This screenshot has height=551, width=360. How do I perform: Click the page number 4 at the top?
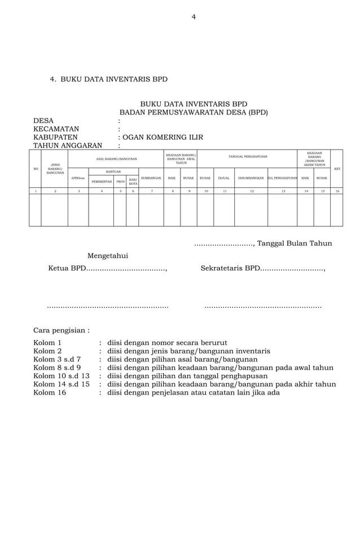pos(194,17)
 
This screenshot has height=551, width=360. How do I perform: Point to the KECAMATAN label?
pos(56,129)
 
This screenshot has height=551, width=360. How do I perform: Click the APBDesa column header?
pos(78,178)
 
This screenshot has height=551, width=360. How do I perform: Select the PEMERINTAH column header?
pos(101,182)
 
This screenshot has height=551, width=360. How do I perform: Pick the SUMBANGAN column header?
pos(151,178)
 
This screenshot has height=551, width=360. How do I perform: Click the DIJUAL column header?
pos(223,178)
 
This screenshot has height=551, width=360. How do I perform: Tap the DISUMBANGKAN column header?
pos(251,178)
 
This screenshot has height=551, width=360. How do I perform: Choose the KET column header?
pos(337,169)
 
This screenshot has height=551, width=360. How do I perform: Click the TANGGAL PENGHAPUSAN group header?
pos(247,156)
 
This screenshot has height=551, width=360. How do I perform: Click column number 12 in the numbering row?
pos(251,191)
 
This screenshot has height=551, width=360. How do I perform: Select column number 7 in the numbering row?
pos(151,191)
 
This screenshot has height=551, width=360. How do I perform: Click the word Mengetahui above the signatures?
pos(107,256)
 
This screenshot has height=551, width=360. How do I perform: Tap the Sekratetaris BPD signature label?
pos(229,268)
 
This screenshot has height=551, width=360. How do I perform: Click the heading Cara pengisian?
pos(61,330)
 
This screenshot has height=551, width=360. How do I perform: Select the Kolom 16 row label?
pos(49,392)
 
